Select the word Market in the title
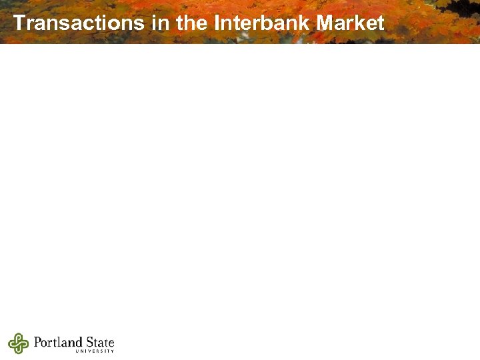(351, 23)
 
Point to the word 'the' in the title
(193, 23)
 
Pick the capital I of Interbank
(217, 23)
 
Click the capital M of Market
(326, 23)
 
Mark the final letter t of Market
(381, 23)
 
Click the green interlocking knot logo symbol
(18, 343)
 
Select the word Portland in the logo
(57, 342)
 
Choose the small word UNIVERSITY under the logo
(95, 351)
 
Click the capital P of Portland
(37, 342)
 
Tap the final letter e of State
(111, 343)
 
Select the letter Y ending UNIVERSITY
(113, 351)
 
